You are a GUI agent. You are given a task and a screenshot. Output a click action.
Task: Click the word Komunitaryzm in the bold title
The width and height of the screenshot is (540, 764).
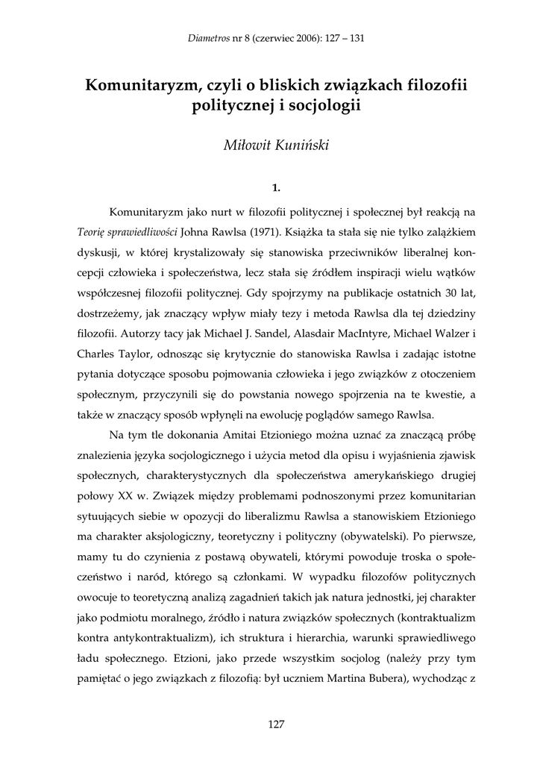pyautogui.click(x=140, y=85)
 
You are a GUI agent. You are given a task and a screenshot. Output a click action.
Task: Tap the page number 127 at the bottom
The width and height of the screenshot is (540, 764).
pyautogui.click(x=276, y=723)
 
